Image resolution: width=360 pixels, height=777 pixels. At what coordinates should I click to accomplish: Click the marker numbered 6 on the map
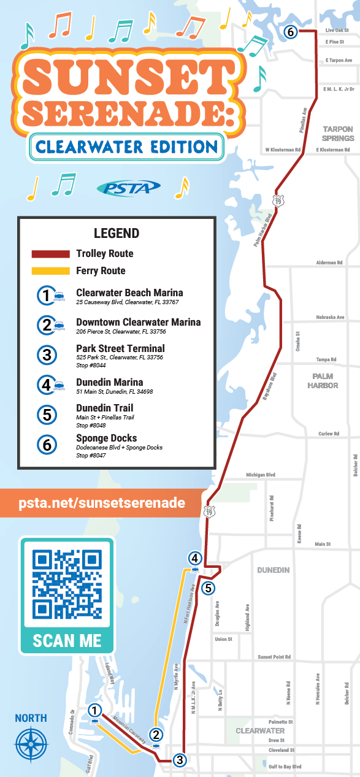pyautogui.click(x=290, y=31)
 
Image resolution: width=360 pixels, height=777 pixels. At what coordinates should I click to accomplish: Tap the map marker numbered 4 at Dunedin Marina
pyautogui.click(x=194, y=558)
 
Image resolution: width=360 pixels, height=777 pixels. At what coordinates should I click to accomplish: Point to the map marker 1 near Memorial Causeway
pyautogui.click(x=94, y=710)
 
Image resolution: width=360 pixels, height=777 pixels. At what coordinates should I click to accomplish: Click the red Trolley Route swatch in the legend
pyautogui.click(x=50, y=254)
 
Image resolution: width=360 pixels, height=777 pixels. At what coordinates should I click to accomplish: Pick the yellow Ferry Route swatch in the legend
pyautogui.click(x=50, y=270)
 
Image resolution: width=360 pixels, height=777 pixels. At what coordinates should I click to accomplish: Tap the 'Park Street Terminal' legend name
pyautogui.click(x=120, y=348)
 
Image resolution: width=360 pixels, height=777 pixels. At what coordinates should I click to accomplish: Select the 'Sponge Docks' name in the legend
pyautogui.click(x=106, y=438)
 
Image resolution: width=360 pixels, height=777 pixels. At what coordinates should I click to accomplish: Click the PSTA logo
pyautogui.click(x=129, y=188)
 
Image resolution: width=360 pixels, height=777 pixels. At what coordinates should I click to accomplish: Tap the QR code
pyautogui.click(x=67, y=584)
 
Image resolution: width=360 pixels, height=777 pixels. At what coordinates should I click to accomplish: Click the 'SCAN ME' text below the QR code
pyautogui.click(x=67, y=640)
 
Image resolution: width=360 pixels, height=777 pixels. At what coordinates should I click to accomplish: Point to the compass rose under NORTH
pyautogui.click(x=31, y=744)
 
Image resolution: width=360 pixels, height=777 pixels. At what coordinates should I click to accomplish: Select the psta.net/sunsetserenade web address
pyautogui.click(x=102, y=503)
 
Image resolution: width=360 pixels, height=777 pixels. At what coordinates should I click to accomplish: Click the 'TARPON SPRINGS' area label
pyautogui.click(x=338, y=134)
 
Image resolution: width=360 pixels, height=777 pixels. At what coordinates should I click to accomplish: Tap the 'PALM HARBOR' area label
pyautogui.click(x=325, y=381)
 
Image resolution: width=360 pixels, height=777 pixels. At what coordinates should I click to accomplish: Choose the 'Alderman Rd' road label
pyautogui.click(x=329, y=262)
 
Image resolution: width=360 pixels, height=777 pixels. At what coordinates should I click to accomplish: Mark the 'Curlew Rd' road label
pyautogui.click(x=329, y=434)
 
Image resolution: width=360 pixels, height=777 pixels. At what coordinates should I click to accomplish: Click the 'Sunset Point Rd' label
pyautogui.click(x=274, y=657)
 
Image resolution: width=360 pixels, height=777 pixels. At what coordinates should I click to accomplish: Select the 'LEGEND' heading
pyautogui.click(x=117, y=234)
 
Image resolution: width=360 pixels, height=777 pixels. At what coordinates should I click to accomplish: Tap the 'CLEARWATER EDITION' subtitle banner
pyautogui.click(x=126, y=147)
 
